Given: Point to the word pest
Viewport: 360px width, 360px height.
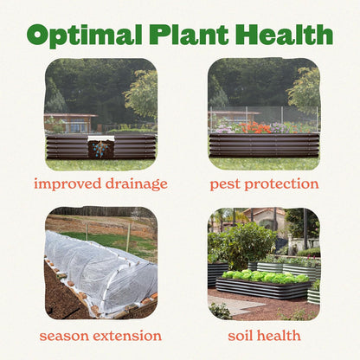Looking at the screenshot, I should (x=228, y=184).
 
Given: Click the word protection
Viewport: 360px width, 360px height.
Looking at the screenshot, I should (x=283, y=184).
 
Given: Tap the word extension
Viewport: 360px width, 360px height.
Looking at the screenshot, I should (x=131, y=335).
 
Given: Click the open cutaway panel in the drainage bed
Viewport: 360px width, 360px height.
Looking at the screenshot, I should (x=101, y=148).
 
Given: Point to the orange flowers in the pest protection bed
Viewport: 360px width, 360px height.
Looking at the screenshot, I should (x=258, y=127).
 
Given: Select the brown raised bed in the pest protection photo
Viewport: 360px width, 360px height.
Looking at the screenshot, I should (x=264, y=145).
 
